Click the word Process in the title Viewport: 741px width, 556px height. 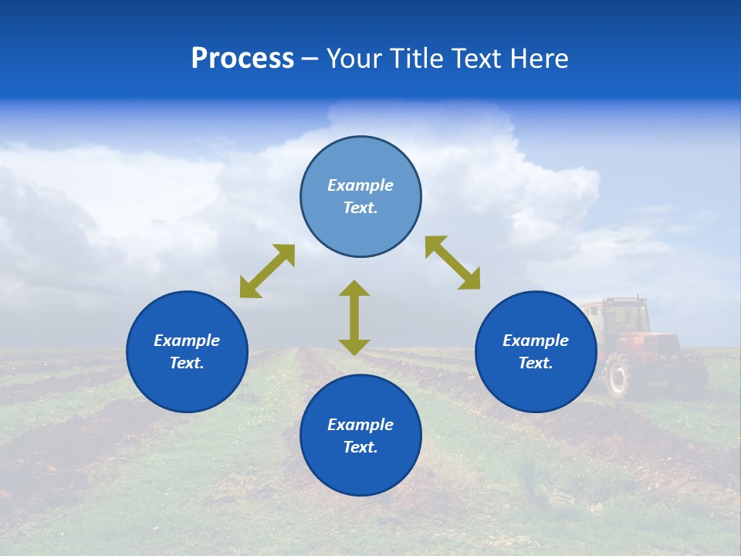coord(242,59)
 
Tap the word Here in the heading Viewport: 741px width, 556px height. coord(540,59)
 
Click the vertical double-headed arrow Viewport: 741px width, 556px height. coord(354,317)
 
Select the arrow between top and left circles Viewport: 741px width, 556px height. coord(267,271)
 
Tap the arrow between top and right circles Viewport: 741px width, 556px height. coord(452,263)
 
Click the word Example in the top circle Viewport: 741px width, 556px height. coord(360,185)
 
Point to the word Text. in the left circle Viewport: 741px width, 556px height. coord(187,363)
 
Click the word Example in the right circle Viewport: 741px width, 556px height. coord(536,341)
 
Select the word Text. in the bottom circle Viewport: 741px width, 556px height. coord(360,447)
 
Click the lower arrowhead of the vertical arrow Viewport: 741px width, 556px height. coord(354,346)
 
